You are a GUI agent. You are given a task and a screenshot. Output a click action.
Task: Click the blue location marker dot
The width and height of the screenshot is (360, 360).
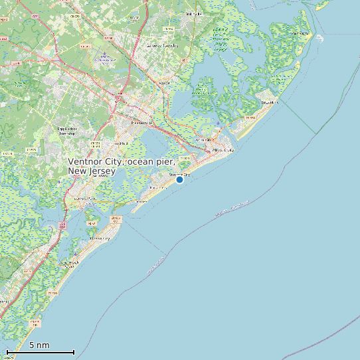(x=179, y=179)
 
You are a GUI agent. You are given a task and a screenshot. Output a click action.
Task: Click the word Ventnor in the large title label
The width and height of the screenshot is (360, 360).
(x=88, y=162)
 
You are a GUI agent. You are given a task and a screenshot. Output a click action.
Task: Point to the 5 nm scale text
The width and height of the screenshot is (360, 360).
(x=39, y=345)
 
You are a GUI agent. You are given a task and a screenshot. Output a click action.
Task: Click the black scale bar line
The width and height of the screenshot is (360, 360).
(x=40, y=352)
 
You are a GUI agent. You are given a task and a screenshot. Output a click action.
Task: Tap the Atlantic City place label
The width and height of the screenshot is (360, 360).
(x=223, y=151)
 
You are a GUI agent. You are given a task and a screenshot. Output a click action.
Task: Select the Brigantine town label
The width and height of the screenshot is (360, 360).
(x=268, y=103)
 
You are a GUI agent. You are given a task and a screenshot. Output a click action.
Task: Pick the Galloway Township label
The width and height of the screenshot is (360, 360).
(x=163, y=46)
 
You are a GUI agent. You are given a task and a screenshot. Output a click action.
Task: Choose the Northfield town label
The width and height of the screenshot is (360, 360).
(x=121, y=143)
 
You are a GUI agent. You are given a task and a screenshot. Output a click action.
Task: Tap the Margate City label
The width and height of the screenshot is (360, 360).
(x=157, y=188)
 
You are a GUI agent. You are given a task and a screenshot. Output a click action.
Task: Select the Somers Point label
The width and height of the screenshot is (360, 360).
(x=85, y=199)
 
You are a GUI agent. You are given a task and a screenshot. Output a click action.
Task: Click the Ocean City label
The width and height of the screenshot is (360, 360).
(x=99, y=238)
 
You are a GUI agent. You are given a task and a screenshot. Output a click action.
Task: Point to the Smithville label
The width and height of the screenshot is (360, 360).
(x=194, y=13)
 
